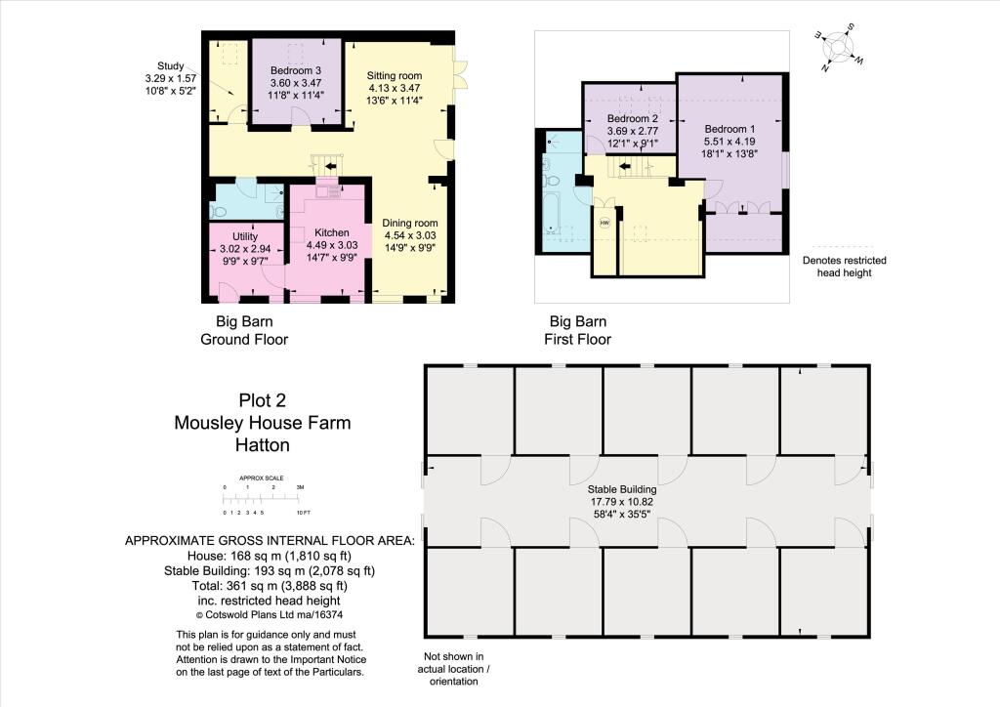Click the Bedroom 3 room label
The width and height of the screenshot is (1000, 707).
pos(295,71)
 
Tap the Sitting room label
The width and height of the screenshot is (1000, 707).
pos(394,75)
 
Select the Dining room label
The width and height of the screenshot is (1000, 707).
pos(409,223)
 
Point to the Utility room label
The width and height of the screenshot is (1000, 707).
pos(244,237)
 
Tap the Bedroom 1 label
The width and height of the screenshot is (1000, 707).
pos(730,129)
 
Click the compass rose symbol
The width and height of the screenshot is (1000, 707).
pos(837,48)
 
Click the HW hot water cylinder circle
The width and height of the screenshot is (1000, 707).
pos(604,222)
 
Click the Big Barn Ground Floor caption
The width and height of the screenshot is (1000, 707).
pos(244,330)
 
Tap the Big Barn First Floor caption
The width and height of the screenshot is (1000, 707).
pos(578,330)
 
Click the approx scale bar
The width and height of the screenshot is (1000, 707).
pos(264,498)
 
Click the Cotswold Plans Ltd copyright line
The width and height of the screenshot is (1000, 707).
pos(269,615)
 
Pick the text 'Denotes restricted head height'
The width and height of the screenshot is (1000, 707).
pos(844,267)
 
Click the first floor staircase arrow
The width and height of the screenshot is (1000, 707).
pos(624,166)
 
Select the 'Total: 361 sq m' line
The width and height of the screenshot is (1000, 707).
pos(269,586)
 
